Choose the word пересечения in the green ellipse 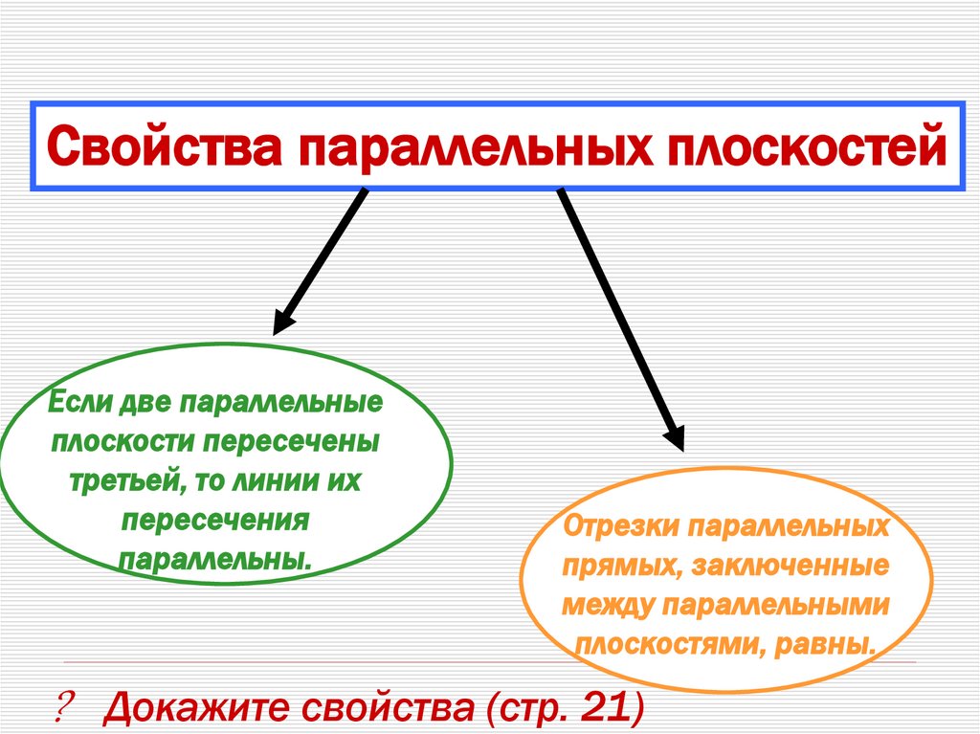[215, 519]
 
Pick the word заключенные [787, 567]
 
